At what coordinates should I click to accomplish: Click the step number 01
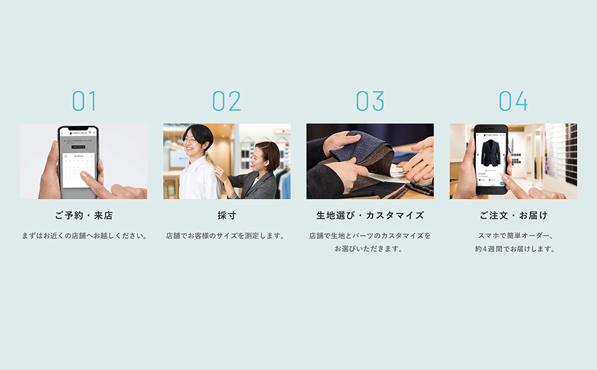[84, 101]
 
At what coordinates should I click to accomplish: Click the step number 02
[227, 101]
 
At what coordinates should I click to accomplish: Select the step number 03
[370, 101]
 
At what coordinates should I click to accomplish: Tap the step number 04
[513, 101]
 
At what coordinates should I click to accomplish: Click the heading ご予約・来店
[84, 215]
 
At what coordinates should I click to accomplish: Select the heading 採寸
[227, 215]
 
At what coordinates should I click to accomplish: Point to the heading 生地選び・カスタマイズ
[370, 215]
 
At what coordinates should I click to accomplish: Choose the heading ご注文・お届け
[513, 215]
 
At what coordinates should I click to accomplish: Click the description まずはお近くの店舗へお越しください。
[84, 236]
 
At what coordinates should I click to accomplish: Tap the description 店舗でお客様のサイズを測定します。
[227, 236]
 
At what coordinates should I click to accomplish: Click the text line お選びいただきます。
[370, 249]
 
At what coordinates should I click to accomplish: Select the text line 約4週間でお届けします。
[513, 249]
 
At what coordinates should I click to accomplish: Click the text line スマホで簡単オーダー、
[513, 236]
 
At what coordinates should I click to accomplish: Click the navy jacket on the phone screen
[491, 154]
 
